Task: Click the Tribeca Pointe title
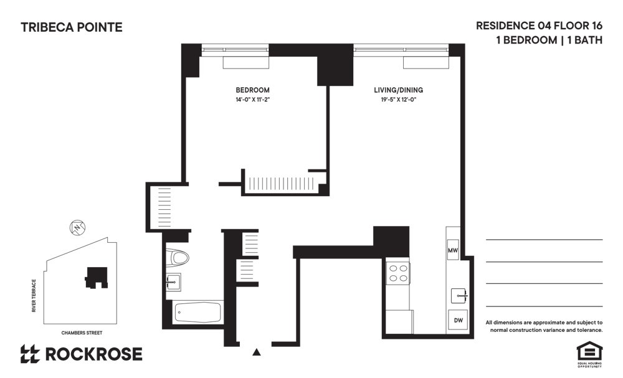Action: coord(72,27)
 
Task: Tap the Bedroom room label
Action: coord(252,90)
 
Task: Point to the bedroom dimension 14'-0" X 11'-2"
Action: coord(252,100)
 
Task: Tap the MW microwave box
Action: coord(453,250)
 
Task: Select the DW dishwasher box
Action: coord(458,320)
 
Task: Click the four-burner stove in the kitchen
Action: coord(398,274)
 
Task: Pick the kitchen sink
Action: coord(459,295)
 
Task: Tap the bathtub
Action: coord(198,312)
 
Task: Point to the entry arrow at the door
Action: coord(256,352)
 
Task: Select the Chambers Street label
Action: coord(82,333)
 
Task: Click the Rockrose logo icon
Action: coord(30,354)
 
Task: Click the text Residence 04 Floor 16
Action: coord(539,26)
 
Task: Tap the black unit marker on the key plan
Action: coord(95,277)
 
